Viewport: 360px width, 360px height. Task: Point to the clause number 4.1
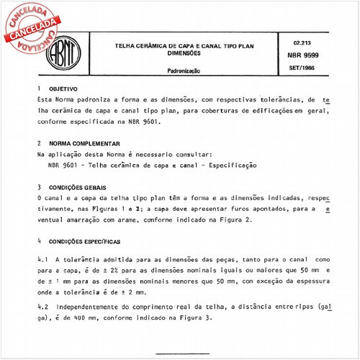tap(42, 257)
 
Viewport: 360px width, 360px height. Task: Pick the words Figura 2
tap(233, 219)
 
